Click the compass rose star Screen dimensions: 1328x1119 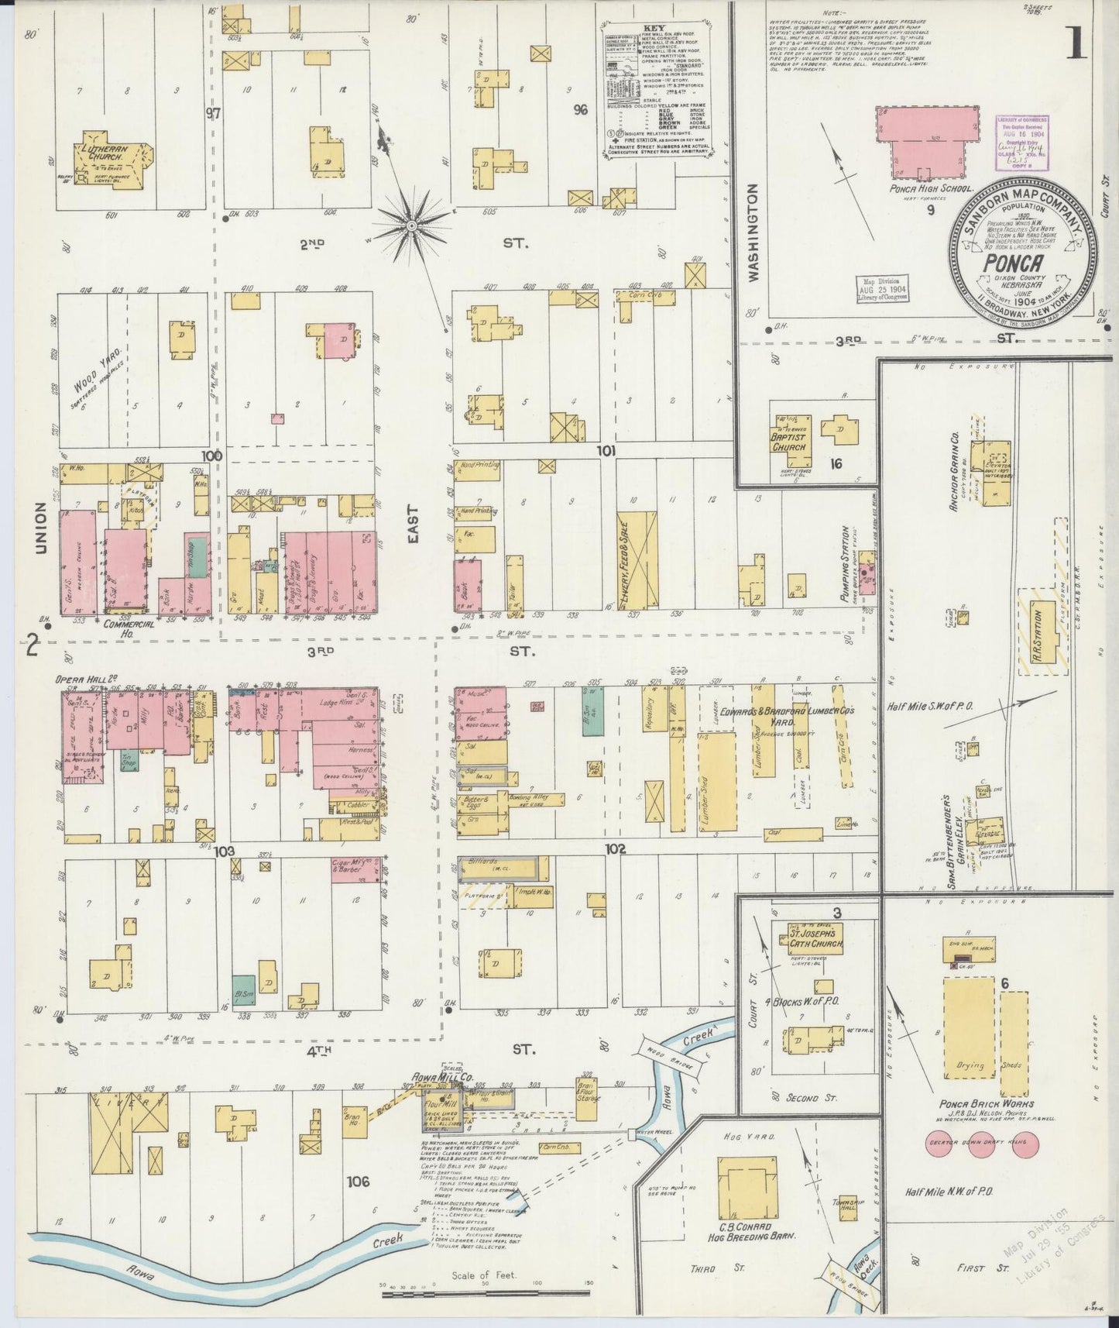click(411, 225)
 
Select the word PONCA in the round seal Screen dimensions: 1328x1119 click(1007, 260)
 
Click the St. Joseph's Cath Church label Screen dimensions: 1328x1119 click(811, 943)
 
